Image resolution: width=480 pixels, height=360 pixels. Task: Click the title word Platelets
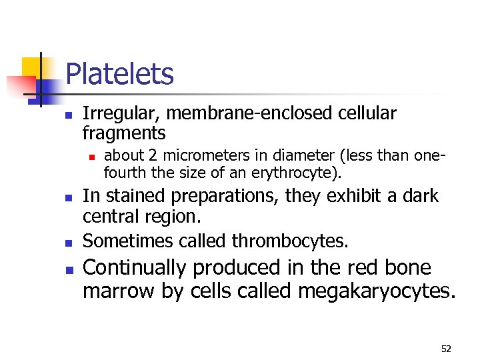pos(120,74)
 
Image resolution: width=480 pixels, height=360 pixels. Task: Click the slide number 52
pos(446,349)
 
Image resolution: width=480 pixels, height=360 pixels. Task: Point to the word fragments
pos(124,133)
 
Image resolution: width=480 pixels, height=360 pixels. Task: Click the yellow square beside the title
pos(32,67)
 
